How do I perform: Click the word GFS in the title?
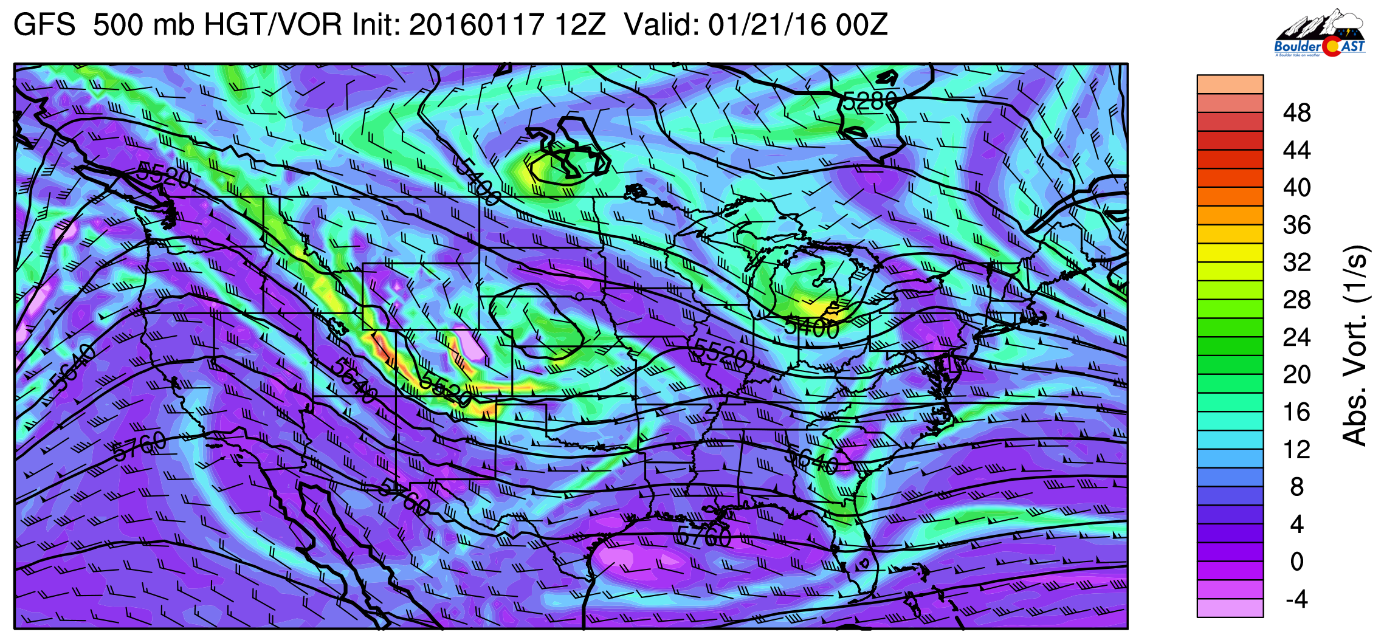coord(44,26)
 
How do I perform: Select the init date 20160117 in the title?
coord(476,26)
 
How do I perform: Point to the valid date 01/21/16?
coord(767,26)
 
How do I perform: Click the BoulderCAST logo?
coord(1320,34)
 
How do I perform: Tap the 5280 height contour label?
coord(870,101)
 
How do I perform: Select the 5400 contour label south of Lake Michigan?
coord(811,329)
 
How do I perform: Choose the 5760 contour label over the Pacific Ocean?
coord(139,447)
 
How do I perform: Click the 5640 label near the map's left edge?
coord(73,367)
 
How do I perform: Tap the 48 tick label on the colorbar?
coord(1296,113)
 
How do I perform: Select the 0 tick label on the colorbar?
coord(1296,562)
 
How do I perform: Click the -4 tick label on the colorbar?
coord(1296,599)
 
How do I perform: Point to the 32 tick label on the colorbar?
coord(1296,263)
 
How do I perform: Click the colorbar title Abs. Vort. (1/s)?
coord(1355,345)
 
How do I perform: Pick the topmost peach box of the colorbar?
coord(1230,84)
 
